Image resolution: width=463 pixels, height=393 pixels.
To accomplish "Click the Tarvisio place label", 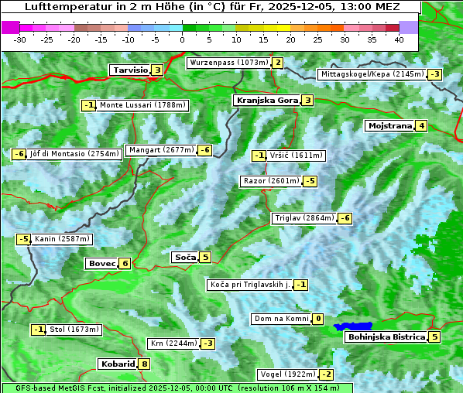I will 129,70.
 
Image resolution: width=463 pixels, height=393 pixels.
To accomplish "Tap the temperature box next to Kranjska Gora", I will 307,100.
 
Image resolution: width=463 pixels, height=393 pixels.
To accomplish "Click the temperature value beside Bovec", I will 125,263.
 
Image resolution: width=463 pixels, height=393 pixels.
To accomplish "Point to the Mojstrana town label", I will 389,125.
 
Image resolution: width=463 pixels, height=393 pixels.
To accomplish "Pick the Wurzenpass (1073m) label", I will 228,63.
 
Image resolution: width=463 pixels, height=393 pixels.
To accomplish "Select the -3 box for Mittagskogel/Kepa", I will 436,74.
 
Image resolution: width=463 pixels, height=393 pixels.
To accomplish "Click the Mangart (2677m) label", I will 161,150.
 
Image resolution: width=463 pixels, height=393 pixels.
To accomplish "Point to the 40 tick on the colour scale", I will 399,39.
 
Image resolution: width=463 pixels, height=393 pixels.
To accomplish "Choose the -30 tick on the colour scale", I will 20,39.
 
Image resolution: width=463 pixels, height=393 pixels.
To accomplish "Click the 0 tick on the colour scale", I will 182,39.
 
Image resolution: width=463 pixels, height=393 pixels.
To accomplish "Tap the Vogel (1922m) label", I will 287,374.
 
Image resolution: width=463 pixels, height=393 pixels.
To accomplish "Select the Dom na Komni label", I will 282,319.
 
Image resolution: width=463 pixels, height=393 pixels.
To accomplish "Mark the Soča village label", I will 184,257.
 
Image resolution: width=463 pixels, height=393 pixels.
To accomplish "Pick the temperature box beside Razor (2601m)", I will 310,181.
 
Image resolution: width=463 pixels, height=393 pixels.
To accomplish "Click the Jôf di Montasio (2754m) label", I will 75,154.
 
